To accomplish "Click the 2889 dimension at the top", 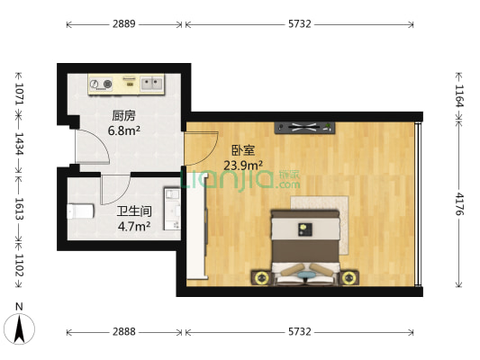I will coord(124,24).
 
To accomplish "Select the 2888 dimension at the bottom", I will coord(124,332).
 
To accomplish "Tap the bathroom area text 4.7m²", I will coord(133,225).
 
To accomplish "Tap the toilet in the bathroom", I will coord(79,211).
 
